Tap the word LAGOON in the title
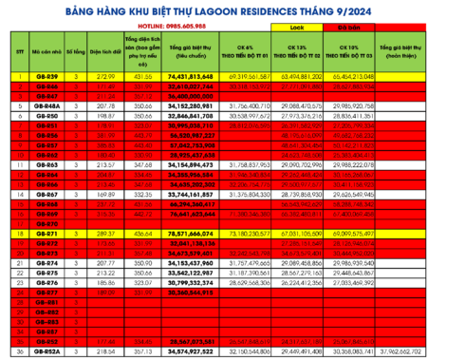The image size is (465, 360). (250, 11)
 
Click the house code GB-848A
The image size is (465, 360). (47, 105)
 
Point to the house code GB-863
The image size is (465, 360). (47, 164)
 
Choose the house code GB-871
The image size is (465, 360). (47, 232)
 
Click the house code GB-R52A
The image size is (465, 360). (47, 351)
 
